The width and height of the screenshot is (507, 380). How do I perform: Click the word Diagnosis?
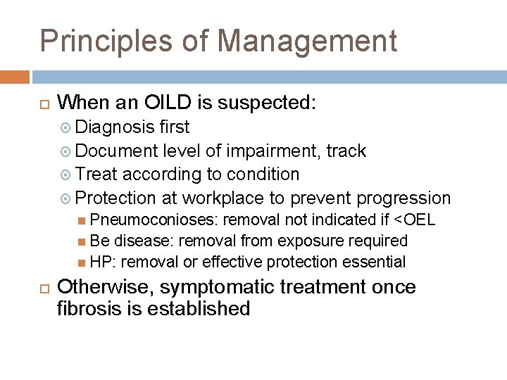(115, 127)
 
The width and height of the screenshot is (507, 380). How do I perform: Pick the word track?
(346, 151)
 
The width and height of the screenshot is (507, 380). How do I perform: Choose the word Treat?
(98, 174)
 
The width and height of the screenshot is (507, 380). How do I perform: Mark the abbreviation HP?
(104, 262)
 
